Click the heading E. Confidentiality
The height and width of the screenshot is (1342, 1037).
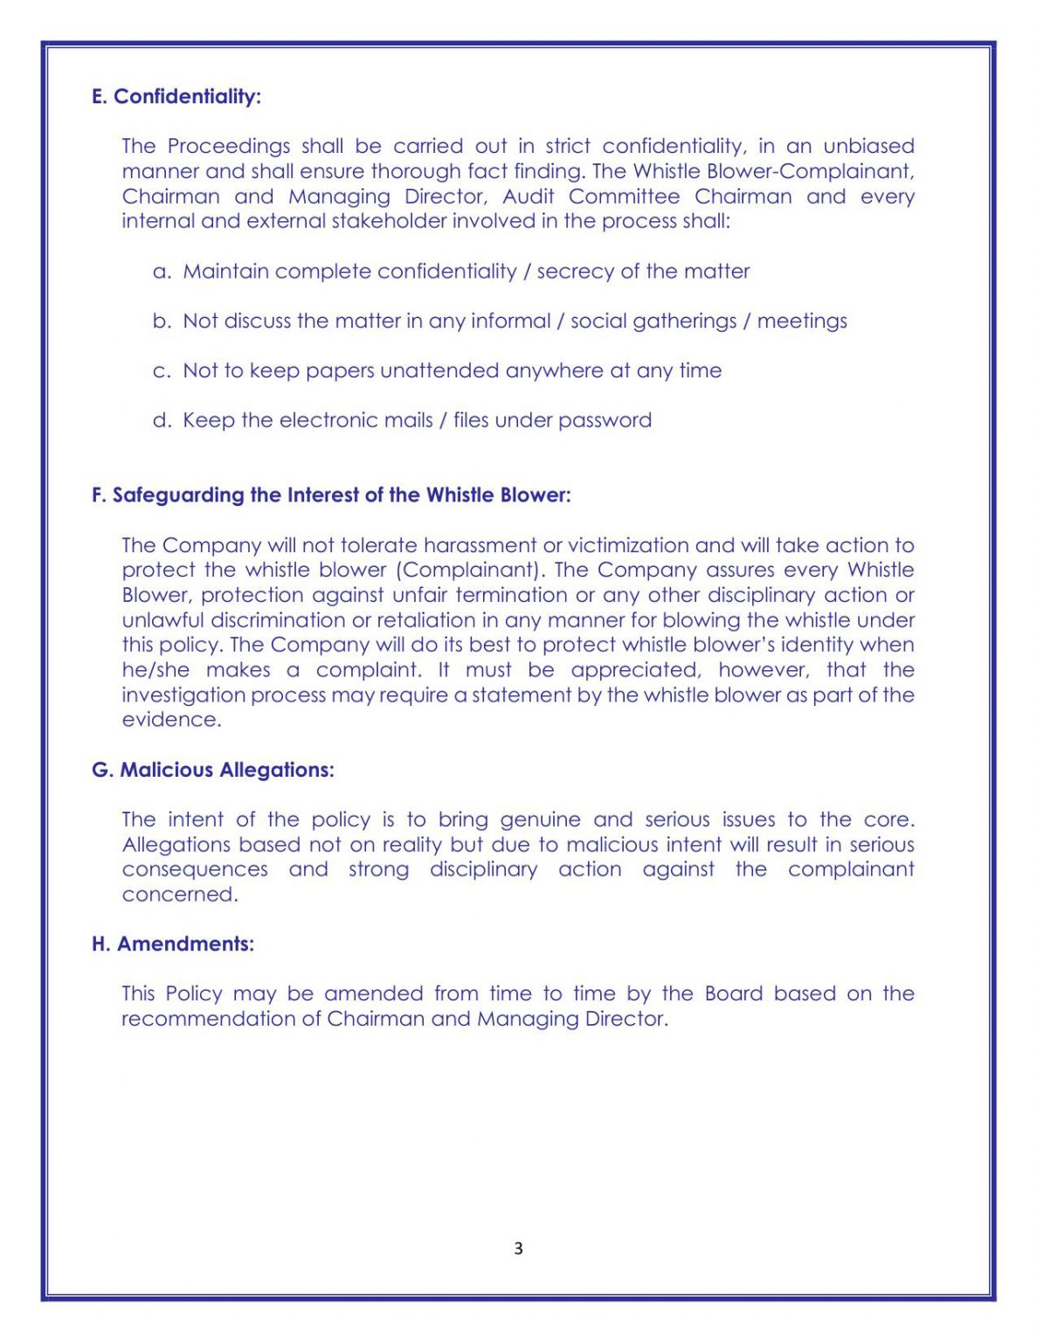pos(176,96)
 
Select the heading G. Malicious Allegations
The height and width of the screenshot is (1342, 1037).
pos(212,770)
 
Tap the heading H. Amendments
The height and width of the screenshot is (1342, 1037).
pos(172,944)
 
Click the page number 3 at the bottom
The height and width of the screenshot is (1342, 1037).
pos(518,1248)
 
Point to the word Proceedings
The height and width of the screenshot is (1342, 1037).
pos(228,146)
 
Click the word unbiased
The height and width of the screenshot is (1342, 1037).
pos(868,146)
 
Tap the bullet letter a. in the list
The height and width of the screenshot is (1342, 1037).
pos(162,272)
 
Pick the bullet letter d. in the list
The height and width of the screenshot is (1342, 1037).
pos(162,420)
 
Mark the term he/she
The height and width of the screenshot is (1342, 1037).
pos(156,670)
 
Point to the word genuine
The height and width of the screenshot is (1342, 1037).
pos(540,820)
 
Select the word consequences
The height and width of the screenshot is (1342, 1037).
pos(195,869)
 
